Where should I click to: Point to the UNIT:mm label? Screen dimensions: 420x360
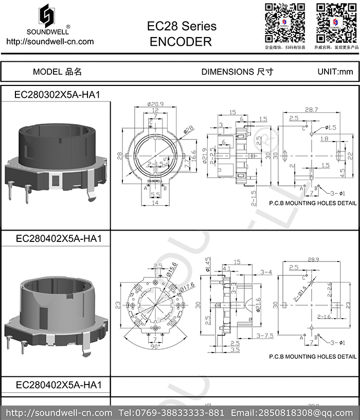point(335,72)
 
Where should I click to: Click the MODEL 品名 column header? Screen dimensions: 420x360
point(57,72)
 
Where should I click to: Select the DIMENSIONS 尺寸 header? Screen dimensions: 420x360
point(237,72)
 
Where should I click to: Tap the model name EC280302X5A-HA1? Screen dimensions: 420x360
point(57,95)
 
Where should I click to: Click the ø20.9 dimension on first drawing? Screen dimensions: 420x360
point(154,104)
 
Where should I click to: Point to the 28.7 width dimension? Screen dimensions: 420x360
point(311,110)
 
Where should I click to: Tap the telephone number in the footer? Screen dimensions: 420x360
point(171,413)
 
